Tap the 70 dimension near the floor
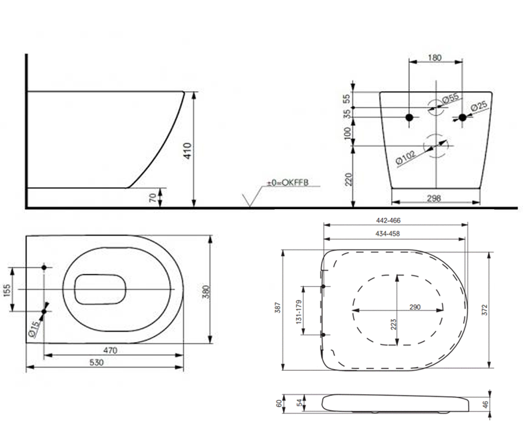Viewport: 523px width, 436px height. point(153,198)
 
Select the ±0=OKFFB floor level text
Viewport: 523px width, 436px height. point(288,182)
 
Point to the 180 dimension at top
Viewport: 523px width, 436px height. point(435,58)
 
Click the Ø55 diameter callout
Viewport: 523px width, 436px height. point(451,98)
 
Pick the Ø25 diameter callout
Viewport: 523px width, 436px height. point(479,106)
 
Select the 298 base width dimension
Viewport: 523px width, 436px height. point(434,198)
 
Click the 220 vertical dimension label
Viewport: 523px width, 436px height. point(348,179)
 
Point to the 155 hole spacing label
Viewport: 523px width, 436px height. point(7,290)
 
